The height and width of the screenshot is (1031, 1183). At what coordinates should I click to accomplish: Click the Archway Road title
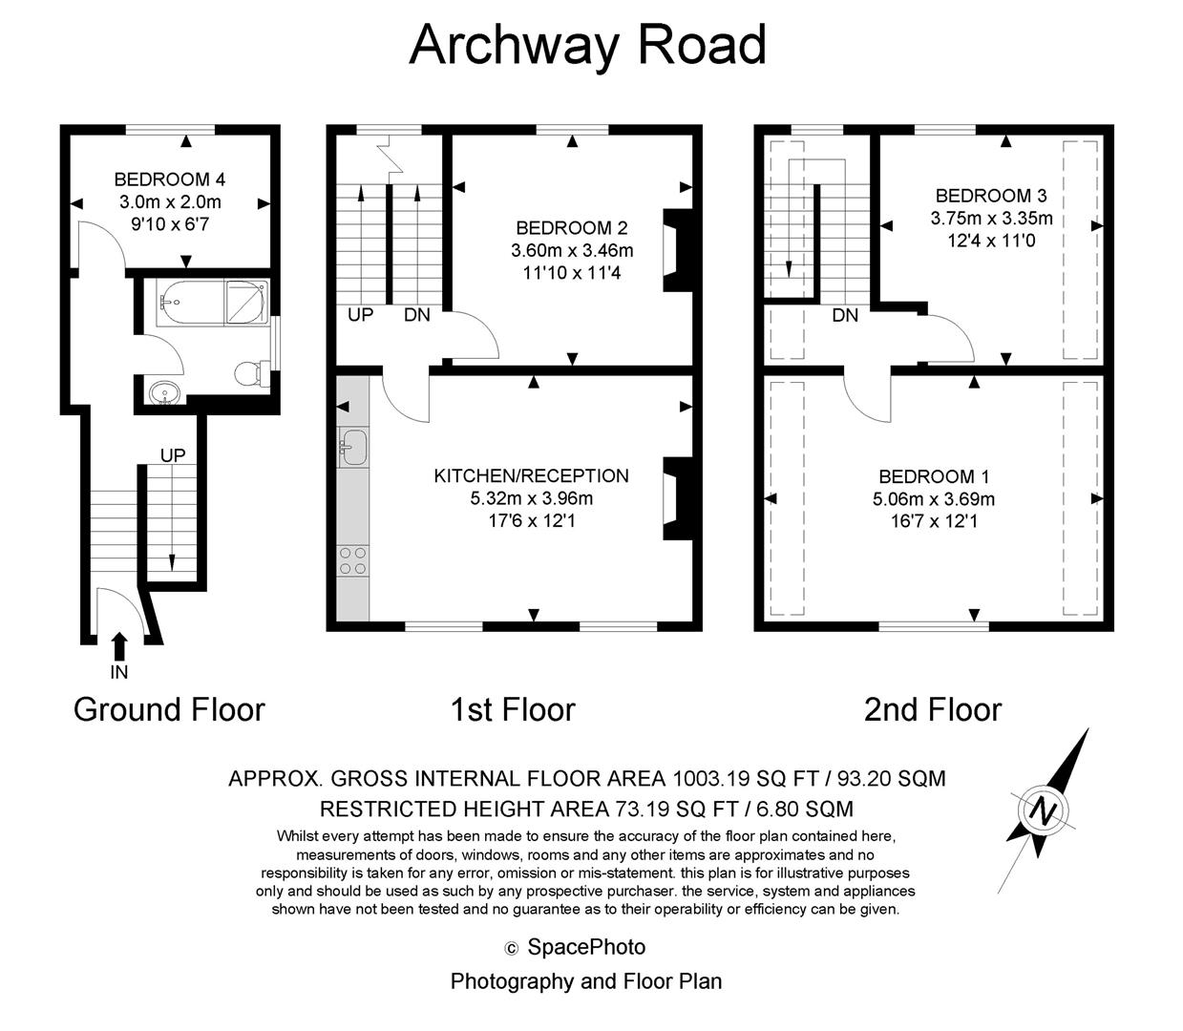(587, 45)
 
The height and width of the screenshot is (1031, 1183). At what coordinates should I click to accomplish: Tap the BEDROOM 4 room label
(169, 179)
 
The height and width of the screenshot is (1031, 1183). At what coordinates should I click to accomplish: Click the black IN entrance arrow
(119, 646)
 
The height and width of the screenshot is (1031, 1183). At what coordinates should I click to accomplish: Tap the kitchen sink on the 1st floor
(353, 447)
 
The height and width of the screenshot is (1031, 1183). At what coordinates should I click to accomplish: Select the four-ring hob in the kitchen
(353, 560)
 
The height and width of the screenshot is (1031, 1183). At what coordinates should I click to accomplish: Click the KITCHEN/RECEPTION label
(531, 475)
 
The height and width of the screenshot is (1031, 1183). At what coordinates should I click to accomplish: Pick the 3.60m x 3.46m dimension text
(572, 251)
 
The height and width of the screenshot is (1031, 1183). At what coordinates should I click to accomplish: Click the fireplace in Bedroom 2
(676, 250)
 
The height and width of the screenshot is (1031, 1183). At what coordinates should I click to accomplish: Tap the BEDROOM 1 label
(933, 476)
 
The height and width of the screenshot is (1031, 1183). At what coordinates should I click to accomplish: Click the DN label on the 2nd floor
(844, 315)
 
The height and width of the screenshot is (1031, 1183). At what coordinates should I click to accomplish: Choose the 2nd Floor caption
(932, 709)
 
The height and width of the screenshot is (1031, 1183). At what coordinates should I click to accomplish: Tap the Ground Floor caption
(169, 709)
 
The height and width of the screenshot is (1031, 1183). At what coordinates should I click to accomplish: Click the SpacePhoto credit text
(585, 947)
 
